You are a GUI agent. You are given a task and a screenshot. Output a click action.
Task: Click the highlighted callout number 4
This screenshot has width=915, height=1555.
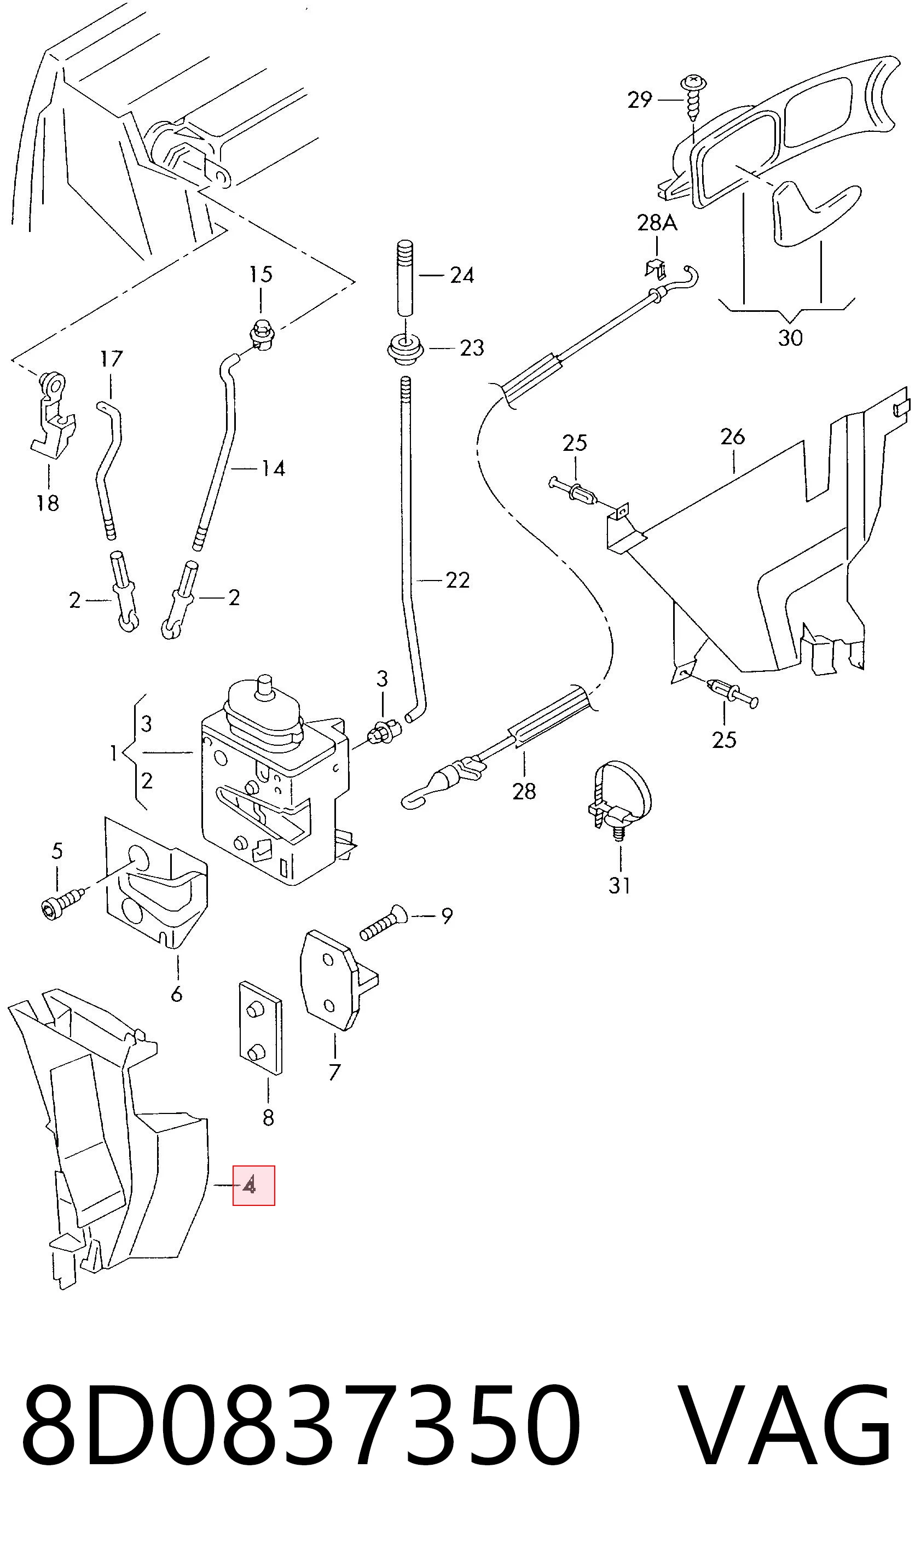[249, 1185]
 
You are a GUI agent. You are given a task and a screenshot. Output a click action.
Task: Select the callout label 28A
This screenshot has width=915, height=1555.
[657, 222]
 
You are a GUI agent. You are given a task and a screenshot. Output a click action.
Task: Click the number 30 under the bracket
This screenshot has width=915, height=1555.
[790, 338]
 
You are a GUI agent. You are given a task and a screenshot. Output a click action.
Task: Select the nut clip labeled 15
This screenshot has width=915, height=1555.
[262, 336]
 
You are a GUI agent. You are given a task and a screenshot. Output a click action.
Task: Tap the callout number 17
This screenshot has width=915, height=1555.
[112, 358]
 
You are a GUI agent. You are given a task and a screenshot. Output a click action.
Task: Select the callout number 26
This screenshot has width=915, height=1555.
[732, 436]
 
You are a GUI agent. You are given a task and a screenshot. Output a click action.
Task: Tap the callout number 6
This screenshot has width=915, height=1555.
[176, 994]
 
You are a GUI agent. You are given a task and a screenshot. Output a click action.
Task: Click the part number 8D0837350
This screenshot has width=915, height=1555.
[300, 1429]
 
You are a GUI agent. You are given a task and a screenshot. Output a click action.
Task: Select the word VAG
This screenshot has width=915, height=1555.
[786, 1429]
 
